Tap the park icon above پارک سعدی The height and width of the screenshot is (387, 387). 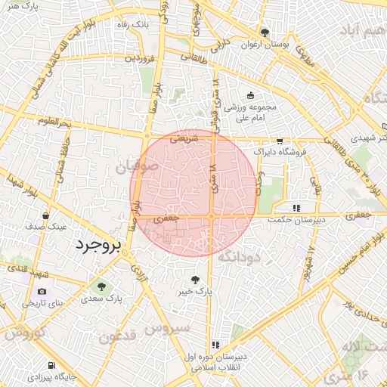pyautogui.click(x=101, y=286)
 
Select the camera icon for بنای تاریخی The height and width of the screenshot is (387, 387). pyautogui.click(x=42, y=292)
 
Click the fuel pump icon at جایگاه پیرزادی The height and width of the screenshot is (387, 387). pyautogui.click(x=50, y=364)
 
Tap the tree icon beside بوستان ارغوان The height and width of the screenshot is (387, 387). pyautogui.click(x=265, y=32)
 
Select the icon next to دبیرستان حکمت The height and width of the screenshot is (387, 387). pyautogui.click(x=297, y=207)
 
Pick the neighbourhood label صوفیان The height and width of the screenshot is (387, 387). pyautogui.click(x=138, y=165)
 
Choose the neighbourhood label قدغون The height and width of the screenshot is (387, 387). pyautogui.click(x=119, y=335)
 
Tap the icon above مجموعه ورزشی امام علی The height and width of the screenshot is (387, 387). pyautogui.click(x=250, y=95)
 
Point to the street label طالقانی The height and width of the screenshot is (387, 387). pyautogui.click(x=191, y=55)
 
